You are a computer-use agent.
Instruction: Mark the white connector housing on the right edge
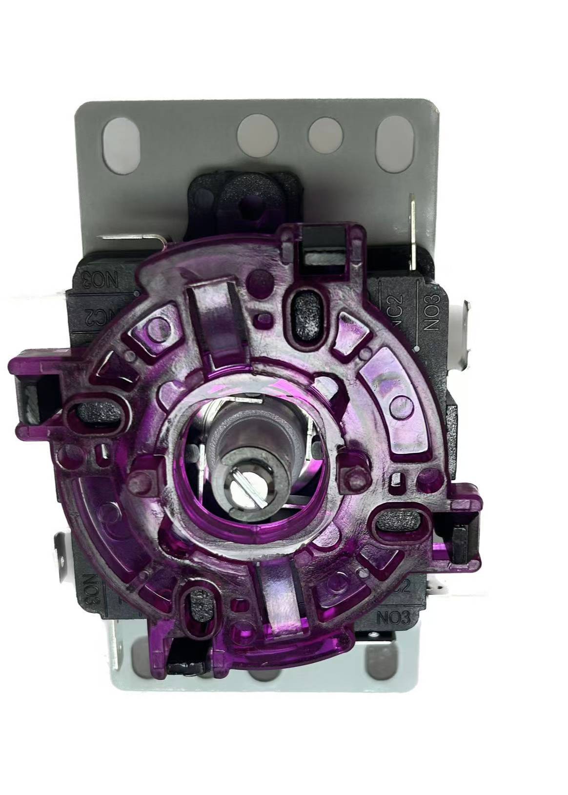click(462, 333)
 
